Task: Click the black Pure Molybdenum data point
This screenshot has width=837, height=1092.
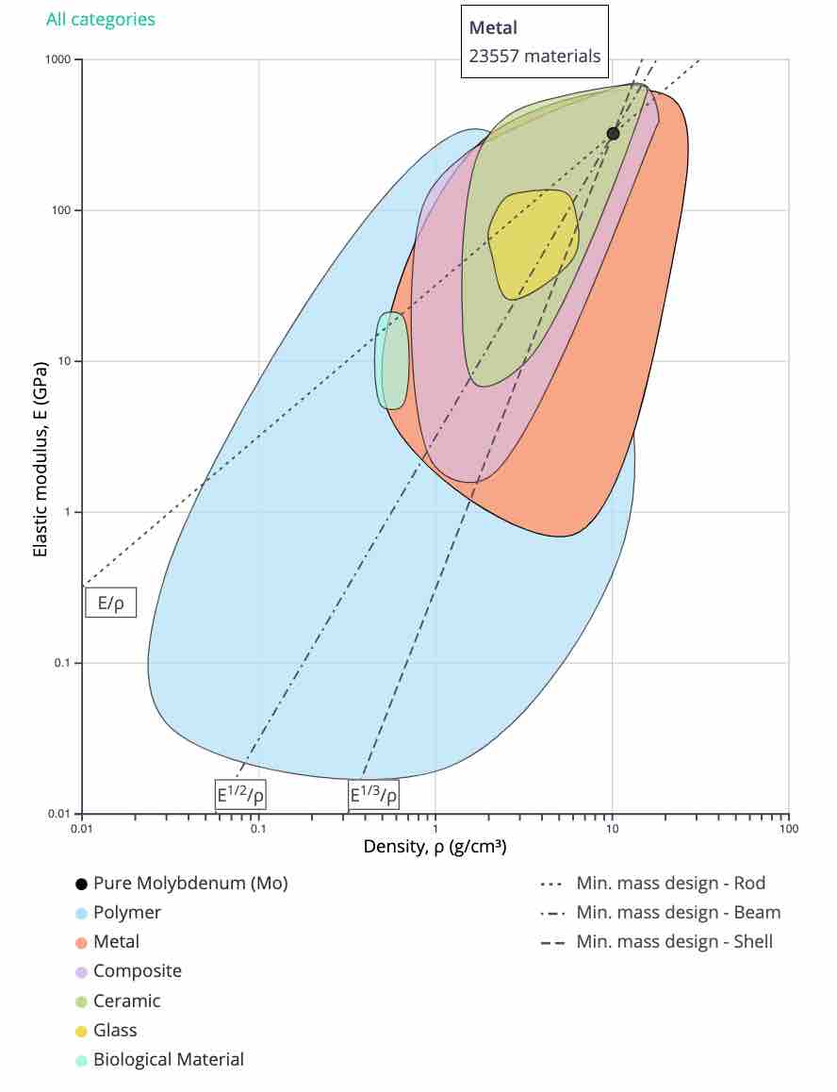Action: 613,134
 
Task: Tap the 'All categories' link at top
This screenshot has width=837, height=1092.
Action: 101,19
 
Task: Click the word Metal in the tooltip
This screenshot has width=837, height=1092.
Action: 494,28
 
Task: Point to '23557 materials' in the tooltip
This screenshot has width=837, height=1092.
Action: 534,56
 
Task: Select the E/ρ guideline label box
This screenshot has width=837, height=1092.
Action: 110,603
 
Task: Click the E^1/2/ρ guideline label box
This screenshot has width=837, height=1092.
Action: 240,795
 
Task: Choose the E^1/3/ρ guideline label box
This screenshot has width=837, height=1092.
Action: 373,795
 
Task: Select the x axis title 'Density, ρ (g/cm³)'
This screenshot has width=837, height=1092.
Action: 435,847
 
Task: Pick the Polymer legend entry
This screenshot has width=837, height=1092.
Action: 126,913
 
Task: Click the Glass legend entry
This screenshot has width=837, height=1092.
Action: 114,1031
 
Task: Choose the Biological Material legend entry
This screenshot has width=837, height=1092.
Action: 168,1060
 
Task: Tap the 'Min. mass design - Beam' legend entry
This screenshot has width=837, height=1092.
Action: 678,912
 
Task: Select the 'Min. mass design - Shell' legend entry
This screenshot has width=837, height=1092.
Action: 674,941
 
